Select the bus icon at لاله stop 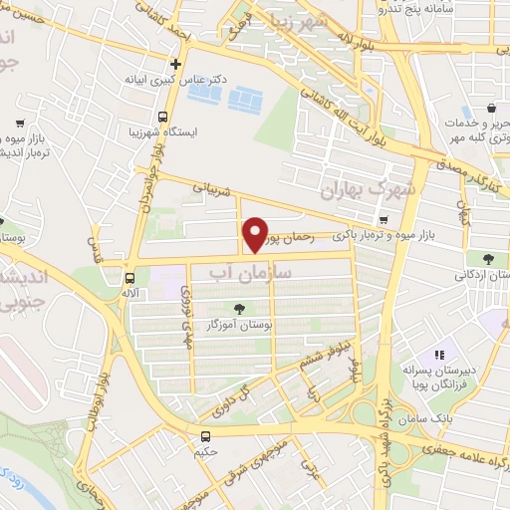[129, 279]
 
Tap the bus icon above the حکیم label [205, 436]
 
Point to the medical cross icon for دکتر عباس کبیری [175, 64]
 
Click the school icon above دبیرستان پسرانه [438, 355]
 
